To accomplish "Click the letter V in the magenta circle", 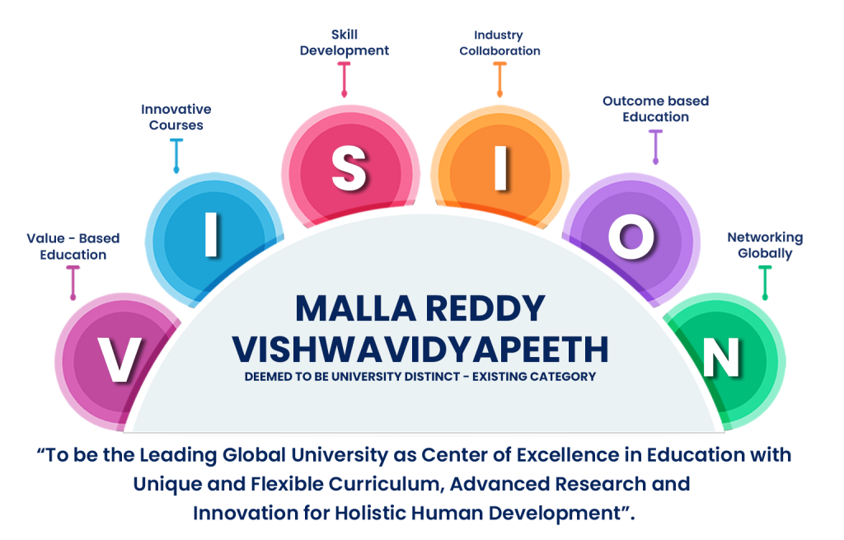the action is (x=120, y=359).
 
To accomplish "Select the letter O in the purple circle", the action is (x=631, y=237).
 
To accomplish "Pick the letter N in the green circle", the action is (x=721, y=358).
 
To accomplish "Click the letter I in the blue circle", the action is (x=212, y=234).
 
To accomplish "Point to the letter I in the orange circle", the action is (x=500, y=168).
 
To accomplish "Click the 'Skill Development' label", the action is (x=345, y=43).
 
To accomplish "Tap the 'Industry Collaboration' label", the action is (x=499, y=43).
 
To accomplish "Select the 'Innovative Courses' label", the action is (x=176, y=117).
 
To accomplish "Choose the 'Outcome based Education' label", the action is (x=655, y=109).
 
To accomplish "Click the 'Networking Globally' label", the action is (x=765, y=246).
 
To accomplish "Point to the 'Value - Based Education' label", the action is (x=73, y=247).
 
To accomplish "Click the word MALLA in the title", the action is (x=355, y=308).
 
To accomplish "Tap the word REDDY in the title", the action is (x=485, y=308).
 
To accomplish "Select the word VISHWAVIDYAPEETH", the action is (x=420, y=350).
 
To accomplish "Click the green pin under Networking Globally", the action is (x=765, y=283).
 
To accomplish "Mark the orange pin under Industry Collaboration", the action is (x=500, y=80).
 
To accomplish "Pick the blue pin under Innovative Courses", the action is (x=176, y=156).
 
